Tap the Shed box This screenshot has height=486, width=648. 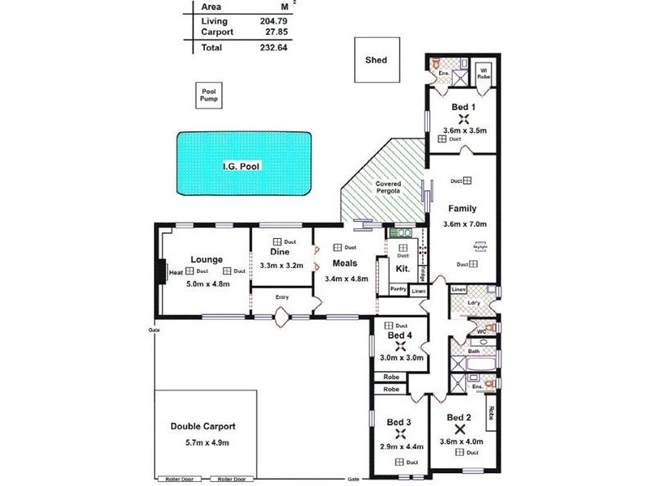(x=376, y=60)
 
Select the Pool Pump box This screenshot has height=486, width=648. (x=210, y=96)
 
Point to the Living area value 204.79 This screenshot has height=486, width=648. (x=273, y=21)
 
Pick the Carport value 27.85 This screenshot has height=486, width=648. (x=276, y=32)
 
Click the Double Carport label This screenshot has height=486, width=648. (x=202, y=426)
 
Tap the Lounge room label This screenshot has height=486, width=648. (x=207, y=259)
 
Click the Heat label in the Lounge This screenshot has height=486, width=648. (x=176, y=273)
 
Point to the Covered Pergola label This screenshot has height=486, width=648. (x=388, y=189)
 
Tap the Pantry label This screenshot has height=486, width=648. (x=398, y=289)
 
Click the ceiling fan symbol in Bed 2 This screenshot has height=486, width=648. (x=460, y=429)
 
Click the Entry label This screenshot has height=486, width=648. (x=282, y=297)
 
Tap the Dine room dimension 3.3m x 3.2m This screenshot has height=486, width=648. (x=281, y=266)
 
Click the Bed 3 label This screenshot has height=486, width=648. (x=399, y=422)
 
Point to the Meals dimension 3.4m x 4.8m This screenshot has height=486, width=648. (x=346, y=279)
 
